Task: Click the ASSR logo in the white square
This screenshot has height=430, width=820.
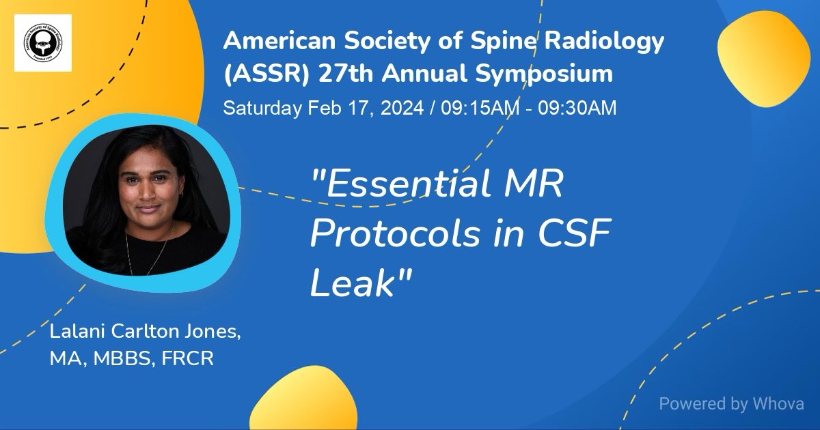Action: click(x=43, y=43)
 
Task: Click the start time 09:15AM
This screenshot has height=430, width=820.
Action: click(x=469, y=108)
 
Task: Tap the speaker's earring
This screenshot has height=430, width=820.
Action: click(x=182, y=196)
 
